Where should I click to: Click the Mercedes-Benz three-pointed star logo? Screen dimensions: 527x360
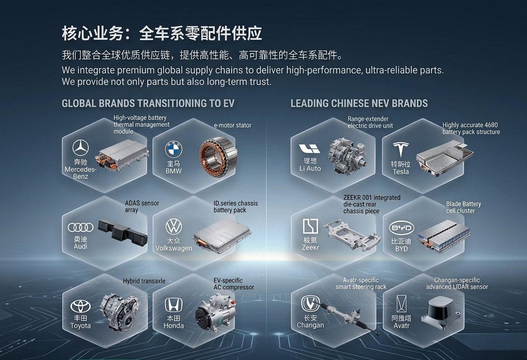(x=81, y=148)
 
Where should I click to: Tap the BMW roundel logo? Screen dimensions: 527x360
(x=173, y=149)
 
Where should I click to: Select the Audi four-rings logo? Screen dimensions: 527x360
(x=81, y=227)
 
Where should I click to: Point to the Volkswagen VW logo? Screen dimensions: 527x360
(x=174, y=227)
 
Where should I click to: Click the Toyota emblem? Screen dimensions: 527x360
(x=81, y=306)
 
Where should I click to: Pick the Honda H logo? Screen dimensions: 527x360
(x=173, y=305)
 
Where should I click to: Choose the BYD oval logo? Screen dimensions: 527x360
(x=402, y=228)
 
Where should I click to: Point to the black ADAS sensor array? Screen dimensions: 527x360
(x=123, y=232)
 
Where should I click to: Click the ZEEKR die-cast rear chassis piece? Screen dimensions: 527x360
(x=352, y=234)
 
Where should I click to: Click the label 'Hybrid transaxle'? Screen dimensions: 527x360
(x=144, y=281)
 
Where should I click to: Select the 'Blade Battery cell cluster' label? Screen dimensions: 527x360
(x=464, y=207)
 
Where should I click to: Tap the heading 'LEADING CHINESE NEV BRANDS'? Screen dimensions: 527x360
(x=359, y=103)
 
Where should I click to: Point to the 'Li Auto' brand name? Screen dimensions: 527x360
(x=310, y=168)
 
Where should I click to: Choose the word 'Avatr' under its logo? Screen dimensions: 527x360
(x=402, y=325)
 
